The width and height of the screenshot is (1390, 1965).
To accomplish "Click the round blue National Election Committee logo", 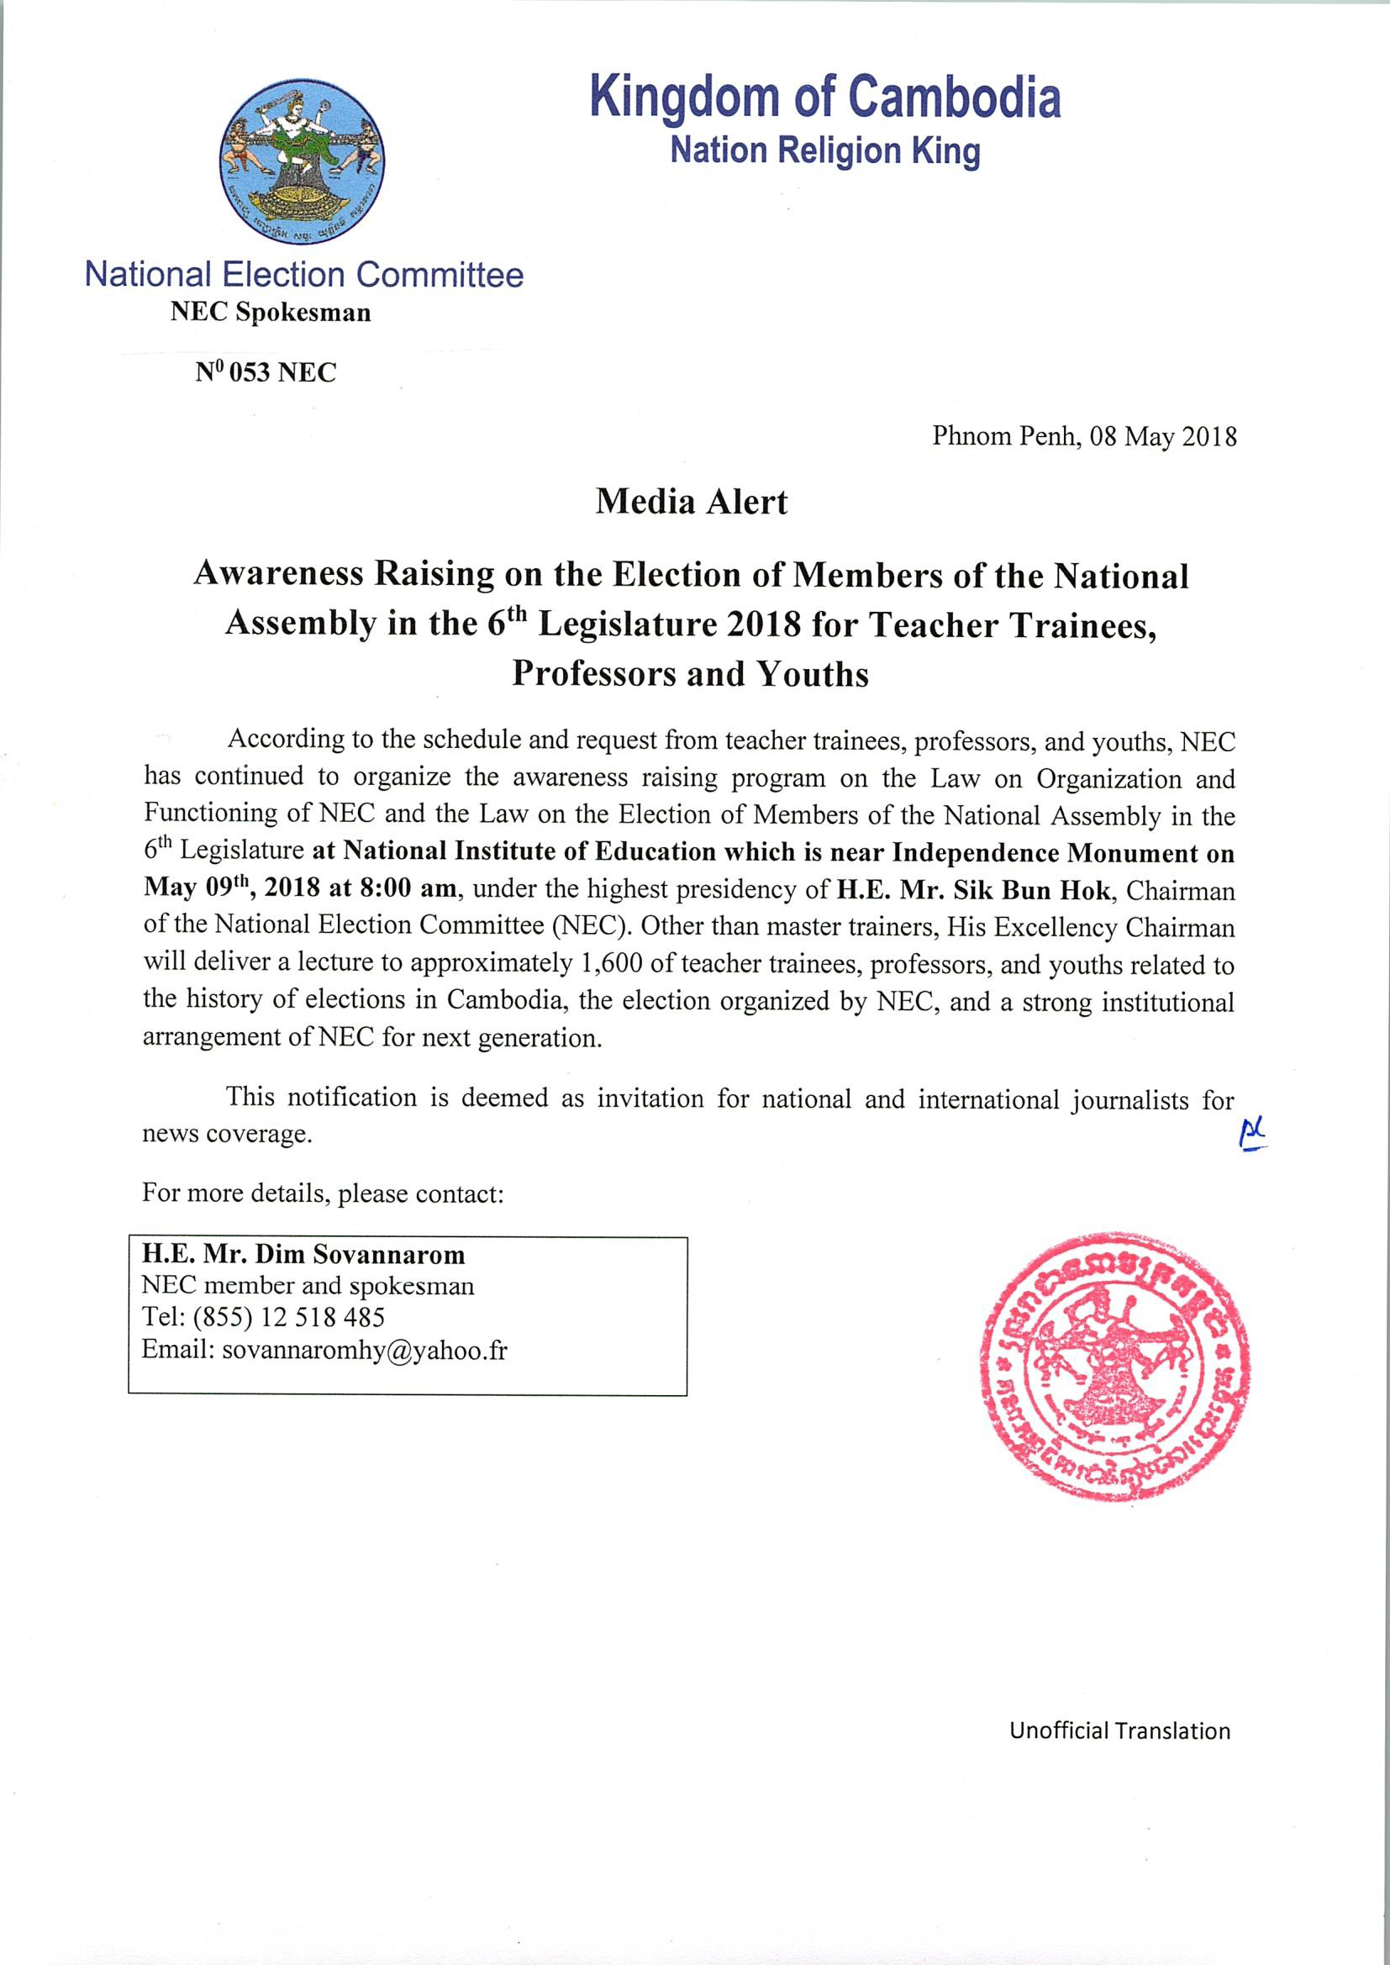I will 303,160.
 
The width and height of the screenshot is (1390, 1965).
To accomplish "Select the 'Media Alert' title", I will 691,502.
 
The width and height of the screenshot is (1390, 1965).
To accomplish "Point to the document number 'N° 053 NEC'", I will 266,372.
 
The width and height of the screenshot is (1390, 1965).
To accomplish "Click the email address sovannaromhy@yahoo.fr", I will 364,1351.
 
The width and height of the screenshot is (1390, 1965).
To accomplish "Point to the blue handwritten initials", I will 1253,1135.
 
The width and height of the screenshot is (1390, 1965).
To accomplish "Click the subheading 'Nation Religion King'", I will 824,150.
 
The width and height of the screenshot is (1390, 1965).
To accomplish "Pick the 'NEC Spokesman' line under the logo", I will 271,313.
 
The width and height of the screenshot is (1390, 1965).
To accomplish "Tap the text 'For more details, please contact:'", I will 323,1193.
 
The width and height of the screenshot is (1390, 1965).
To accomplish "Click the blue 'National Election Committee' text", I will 304,275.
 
